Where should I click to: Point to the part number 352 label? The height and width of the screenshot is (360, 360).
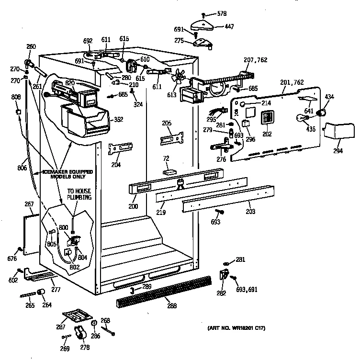(117, 120)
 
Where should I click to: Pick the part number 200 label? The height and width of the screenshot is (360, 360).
(133, 206)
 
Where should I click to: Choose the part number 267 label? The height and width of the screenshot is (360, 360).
(29, 204)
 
